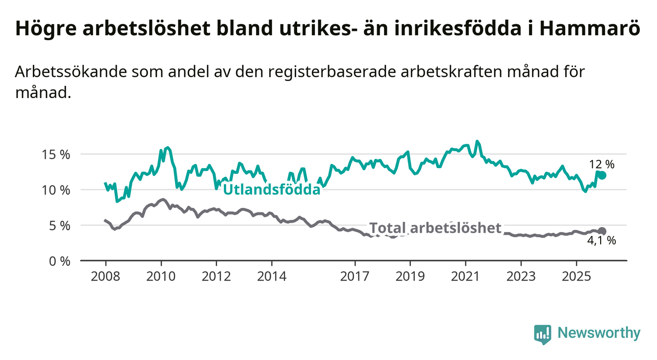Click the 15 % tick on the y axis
(57, 154)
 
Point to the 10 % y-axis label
(57, 190)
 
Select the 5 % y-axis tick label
(60, 225)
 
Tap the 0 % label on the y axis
(60, 261)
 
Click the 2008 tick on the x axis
(105, 276)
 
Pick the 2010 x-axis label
(161, 276)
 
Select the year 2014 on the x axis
(272, 276)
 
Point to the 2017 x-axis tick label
(354, 276)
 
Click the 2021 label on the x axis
(465, 276)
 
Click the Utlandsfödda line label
(272, 189)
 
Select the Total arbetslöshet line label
(435, 228)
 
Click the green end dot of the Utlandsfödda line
(603, 176)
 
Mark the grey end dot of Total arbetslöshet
(603, 231)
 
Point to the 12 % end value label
(602, 164)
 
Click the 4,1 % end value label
(601, 241)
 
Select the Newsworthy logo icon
(542, 334)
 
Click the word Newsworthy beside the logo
(599, 334)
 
